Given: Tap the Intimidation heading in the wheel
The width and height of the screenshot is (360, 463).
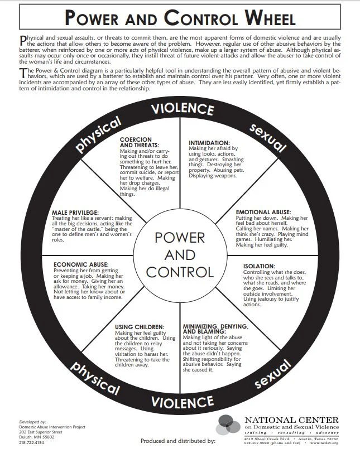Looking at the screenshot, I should pyautogui.click(x=209, y=143).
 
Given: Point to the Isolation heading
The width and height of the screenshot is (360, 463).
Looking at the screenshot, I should pyautogui.click(x=260, y=266).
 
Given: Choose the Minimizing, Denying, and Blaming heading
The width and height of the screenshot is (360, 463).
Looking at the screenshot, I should pyautogui.click(x=215, y=329).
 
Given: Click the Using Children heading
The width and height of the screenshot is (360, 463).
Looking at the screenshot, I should pyautogui.click(x=140, y=326).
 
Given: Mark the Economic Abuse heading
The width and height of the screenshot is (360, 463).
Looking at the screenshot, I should pyautogui.click(x=81, y=264).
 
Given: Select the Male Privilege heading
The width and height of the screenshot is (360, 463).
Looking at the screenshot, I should pyautogui.click(x=75, y=213).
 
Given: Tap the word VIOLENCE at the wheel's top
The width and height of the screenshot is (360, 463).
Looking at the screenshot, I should pyautogui.click(x=183, y=108).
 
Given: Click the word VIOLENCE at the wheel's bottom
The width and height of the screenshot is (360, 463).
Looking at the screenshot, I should pyautogui.click(x=183, y=402).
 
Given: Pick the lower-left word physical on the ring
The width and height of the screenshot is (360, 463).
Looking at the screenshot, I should pyautogui.click(x=94, y=377).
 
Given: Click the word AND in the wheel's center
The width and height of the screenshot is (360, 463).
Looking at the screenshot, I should pyautogui.click(x=180, y=255).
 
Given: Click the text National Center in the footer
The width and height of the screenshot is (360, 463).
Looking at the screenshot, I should pyautogui.click(x=291, y=420).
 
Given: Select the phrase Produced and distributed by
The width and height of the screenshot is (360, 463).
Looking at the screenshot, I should pyautogui.click(x=177, y=441).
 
